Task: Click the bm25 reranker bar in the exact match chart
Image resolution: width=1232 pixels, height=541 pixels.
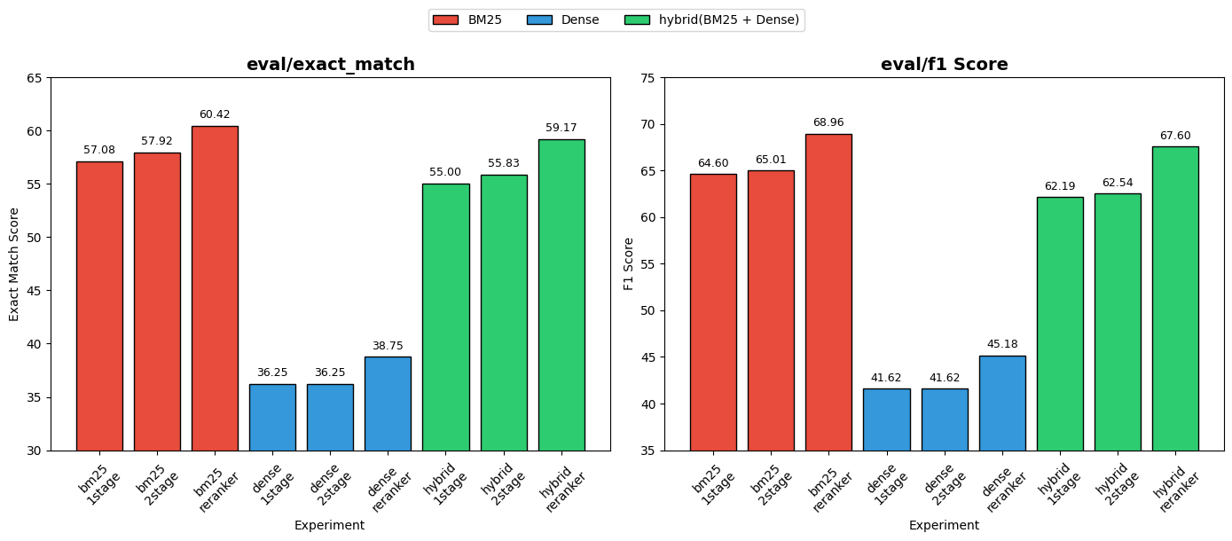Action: click(215, 288)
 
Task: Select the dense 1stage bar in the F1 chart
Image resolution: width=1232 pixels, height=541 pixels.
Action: click(886, 419)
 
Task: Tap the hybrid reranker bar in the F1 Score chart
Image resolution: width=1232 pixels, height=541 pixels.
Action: click(1174, 298)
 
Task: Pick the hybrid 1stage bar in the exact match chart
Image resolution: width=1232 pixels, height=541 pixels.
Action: click(445, 317)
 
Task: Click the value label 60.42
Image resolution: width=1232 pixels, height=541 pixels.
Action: click(215, 114)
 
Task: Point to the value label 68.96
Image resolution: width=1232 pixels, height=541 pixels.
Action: click(828, 122)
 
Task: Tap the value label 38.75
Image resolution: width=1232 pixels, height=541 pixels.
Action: click(388, 346)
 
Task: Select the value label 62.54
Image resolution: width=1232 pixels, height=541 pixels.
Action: click(1117, 183)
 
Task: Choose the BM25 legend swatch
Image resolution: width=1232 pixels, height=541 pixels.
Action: click(446, 20)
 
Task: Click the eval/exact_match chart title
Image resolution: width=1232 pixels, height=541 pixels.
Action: click(330, 65)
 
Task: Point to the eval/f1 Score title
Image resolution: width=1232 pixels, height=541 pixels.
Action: click(944, 65)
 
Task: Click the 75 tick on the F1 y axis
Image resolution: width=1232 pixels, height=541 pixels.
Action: click(647, 78)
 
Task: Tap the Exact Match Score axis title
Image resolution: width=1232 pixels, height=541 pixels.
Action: click(14, 264)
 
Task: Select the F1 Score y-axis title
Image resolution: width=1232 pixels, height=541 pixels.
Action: click(629, 263)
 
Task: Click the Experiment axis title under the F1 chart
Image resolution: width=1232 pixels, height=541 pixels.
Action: click(944, 525)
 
